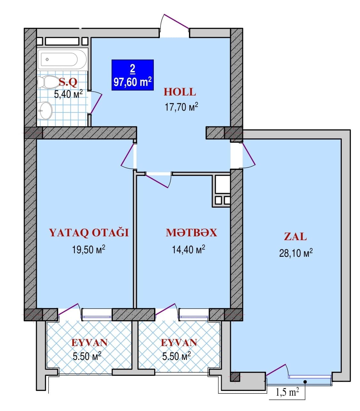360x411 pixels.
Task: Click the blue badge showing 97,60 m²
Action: pyautogui.click(x=132, y=75)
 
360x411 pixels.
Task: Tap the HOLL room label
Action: pyautogui.click(x=180, y=92)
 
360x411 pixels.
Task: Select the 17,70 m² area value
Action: pyautogui.click(x=181, y=106)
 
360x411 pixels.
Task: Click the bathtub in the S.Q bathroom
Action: pyautogui.click(x=62, y=59)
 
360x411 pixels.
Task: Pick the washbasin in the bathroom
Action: pyautogui.click(x=45, y=110)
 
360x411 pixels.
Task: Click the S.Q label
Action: pyautogui.click(x=68, y=83)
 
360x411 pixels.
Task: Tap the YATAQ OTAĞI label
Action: pyautogui.click(x=89, y=233)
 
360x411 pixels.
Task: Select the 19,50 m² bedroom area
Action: pyautogui.click(x=89, y=249)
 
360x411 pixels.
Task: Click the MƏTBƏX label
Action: pyautogui.click(x=191, y=233)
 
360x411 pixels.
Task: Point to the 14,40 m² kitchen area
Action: pyautogui.click(x=189, y=249)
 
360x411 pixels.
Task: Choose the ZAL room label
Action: pyautogui.click(x=295, y=237)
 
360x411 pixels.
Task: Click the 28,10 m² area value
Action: pyautogui.click(x=295, y=254)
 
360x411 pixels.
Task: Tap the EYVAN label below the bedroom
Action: pyautogui.click(x=89, y=343)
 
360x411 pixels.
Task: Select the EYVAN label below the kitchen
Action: pyautogui.click(x=179, y=343)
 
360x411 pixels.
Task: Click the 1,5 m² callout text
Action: pyautogui.click(x=287, y=392)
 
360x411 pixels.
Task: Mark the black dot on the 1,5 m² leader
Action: pyautogui.click(x=305, y=382)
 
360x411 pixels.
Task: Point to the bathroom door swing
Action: pyautogui.click(x=97, y=102)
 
